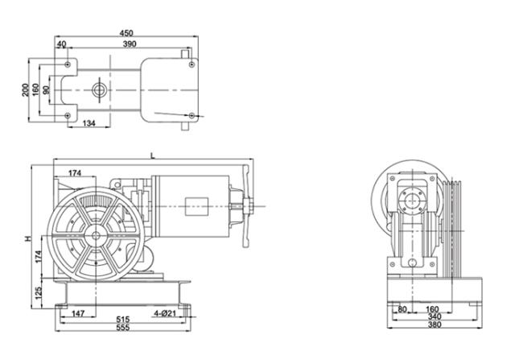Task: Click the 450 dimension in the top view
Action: (126, 33)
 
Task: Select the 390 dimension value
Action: (130, 43)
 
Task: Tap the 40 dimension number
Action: (61, 44)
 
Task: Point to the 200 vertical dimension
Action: (26, 90)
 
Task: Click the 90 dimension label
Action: (47, 90)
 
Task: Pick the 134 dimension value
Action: (89, 123)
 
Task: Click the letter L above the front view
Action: (153, 155)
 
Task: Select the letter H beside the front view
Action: (28, 238)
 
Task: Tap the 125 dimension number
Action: (39, 293)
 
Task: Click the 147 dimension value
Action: (78, 313)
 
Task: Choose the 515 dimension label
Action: (123, 320)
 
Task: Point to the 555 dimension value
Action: (123, 327)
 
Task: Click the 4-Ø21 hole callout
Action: (165, 313)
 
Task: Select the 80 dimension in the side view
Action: (402, 309)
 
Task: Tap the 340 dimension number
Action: (434, 317)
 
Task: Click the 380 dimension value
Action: (434, 325)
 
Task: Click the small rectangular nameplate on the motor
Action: (196, 206)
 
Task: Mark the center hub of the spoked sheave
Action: (96, 235)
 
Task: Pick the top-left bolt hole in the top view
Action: (68, 64)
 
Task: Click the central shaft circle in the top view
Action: (100, 90)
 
